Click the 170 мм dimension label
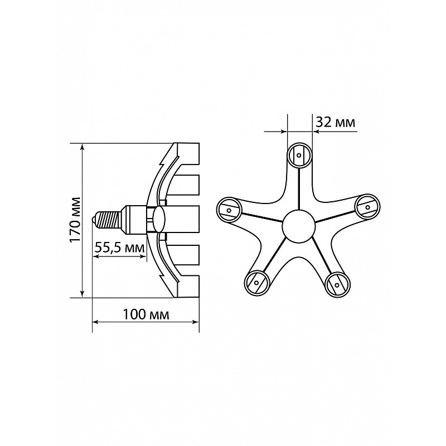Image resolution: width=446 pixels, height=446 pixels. (x=75, y=219)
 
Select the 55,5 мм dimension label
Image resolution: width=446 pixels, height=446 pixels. (x=119, y=248)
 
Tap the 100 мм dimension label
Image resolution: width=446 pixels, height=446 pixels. (x=146, y=314)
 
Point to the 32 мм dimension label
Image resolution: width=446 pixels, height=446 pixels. (x=336, y=123)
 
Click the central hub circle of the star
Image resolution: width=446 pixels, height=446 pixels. (x=299, y=226)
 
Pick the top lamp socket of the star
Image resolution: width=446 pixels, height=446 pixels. (x=299, y=156)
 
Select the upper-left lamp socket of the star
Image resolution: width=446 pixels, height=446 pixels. (x=229, y=210)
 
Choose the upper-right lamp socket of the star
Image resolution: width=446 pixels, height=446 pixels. (x=367, y=207)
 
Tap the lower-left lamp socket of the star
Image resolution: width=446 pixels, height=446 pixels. (x=256, y=283)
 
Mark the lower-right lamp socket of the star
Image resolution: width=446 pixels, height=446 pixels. (x=337, y=284)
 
